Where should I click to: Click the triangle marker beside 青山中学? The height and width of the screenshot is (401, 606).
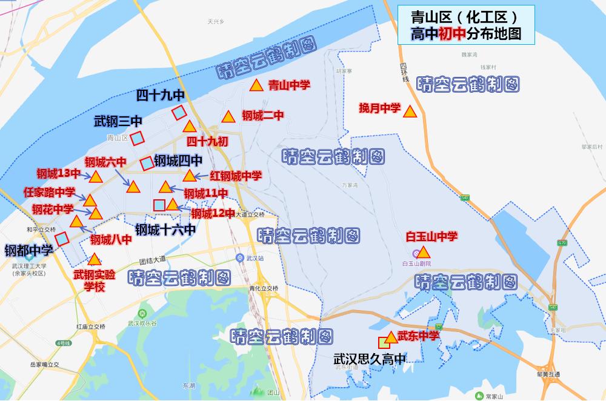[256, 86]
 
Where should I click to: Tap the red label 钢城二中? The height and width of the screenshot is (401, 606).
[262, 116]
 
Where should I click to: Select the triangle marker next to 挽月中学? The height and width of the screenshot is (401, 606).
[410, 112]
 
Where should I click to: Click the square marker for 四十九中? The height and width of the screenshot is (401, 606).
[178, 113]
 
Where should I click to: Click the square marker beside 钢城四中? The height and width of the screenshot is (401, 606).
[147, 164]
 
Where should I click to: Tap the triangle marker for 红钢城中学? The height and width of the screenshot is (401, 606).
[189, 176]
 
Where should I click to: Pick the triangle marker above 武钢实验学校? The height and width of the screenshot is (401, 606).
[94, 260]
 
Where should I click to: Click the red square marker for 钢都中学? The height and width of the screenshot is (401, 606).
[62, 239]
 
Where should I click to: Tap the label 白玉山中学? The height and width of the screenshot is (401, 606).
[431, 236]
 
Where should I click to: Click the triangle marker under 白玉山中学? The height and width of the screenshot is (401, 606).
[424, 252]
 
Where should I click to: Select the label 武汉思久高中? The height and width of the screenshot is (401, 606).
[369, 359]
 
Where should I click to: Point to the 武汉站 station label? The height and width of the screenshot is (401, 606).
[254, 259]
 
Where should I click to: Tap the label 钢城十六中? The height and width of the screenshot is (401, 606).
[165, 230]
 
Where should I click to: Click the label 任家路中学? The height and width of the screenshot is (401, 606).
[50, 193]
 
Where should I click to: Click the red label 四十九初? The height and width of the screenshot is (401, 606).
[207, 141]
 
